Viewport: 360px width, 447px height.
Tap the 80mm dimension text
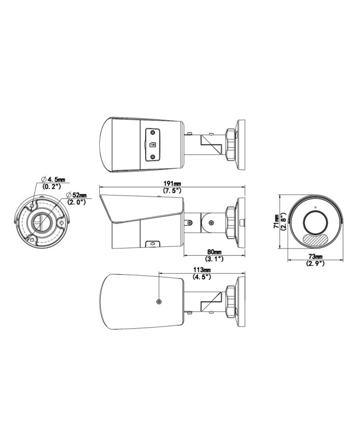[x=214, y=252]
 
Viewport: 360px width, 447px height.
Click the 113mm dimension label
[x=200, y=270]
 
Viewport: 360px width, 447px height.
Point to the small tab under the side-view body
[x=152, y=243]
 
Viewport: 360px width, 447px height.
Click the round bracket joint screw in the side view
[x=211, y=223]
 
